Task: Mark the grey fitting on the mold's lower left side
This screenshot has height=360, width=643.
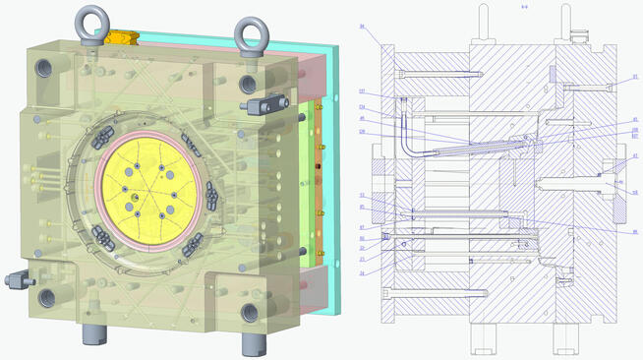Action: coord(16,279)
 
